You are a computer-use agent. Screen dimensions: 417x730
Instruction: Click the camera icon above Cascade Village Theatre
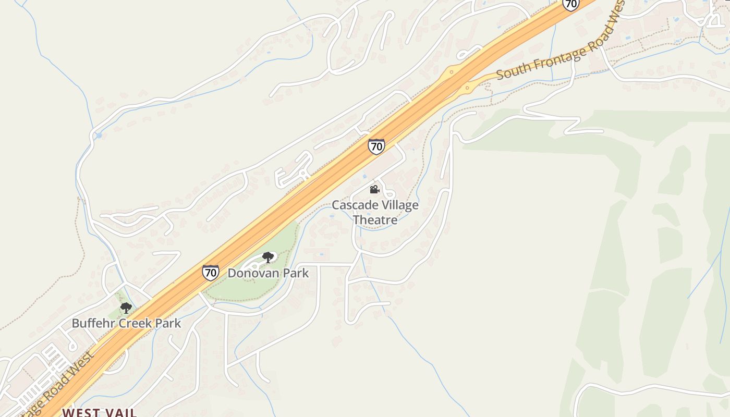(374, 189)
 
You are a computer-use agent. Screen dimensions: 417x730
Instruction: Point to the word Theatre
(375, 219)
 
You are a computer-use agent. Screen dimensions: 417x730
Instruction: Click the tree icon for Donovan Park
(268, 257)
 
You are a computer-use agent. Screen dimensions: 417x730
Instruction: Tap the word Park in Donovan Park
(295, 273)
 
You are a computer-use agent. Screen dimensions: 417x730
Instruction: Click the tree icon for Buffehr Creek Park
(126, 308)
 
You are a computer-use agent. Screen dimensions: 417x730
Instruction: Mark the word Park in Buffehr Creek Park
(168, 323)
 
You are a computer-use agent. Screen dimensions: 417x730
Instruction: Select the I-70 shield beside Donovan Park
(211, 273)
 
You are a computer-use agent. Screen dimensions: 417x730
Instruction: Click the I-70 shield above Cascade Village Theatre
(376, 146)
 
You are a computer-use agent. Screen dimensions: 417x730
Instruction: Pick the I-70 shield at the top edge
(571, 4)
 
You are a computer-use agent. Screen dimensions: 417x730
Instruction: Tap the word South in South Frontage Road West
(512, 71)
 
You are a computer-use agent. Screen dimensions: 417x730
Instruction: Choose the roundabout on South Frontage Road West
(467, 88)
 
